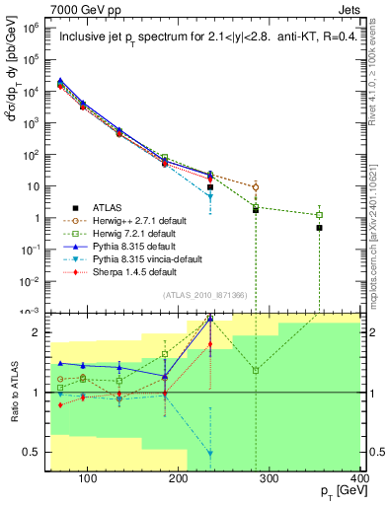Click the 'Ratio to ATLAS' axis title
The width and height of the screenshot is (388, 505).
pyautogui.click(x=13, y=392)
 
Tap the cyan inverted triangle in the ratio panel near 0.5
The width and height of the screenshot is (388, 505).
pyautogui.click(x=210, y=452)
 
